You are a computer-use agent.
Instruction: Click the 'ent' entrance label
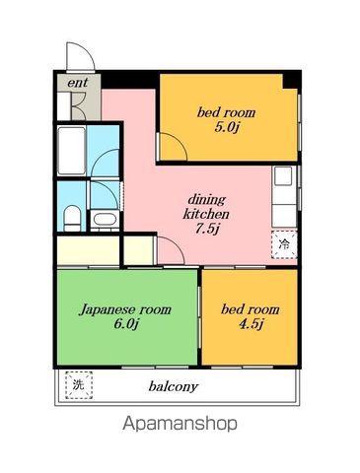78,83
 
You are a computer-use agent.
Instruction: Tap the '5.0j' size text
226,127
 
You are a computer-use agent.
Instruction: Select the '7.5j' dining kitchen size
206,229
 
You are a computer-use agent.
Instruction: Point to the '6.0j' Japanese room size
125,324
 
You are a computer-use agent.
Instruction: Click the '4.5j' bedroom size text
251,324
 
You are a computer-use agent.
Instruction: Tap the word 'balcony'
174,386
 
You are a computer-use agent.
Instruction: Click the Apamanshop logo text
180,424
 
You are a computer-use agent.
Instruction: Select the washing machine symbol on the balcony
79,385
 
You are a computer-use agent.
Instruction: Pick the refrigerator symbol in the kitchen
284,244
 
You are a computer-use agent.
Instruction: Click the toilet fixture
72,218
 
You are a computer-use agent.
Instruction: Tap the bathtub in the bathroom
72,151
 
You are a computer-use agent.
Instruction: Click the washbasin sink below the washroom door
105,219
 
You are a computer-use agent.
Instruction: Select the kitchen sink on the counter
283,175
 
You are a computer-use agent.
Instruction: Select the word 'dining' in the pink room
206,200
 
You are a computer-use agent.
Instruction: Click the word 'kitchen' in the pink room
206,214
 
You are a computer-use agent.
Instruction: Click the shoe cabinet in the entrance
64,106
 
